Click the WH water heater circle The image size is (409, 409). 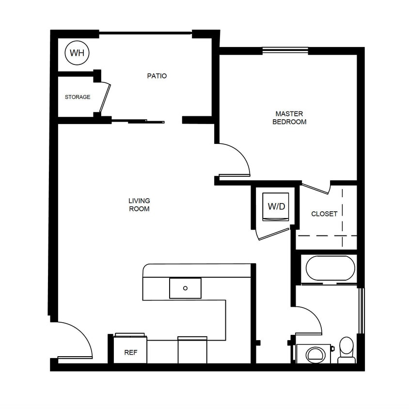coord(77,53)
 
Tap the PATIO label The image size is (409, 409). coord(157,76)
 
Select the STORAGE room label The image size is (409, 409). coord(78,97)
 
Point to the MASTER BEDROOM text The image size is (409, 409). coord(289,118)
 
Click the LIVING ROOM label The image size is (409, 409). coord(139,204)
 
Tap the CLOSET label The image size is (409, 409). coord(324,214)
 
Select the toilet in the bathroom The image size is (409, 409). coord(346,349)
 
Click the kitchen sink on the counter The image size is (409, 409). coord(185,288)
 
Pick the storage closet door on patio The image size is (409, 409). coord(105,98)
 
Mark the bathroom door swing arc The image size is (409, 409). coord(310,320)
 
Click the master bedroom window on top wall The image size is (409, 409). coord(285,49)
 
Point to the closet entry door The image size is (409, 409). coord(315,187)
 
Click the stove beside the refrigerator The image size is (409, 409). coord(192,350)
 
